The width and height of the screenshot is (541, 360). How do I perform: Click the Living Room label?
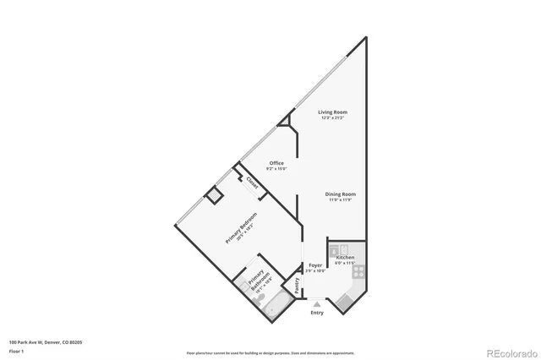[x=332, y=112]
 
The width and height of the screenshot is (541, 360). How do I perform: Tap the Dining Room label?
[x=341, y=194]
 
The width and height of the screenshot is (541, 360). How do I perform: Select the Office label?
[x=276, y=162]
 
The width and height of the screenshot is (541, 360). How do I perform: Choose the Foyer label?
[x=315, y=265]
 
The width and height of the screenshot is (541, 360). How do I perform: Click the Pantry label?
[x=298, y=286]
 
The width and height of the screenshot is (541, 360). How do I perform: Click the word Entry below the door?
[x=317, y=313]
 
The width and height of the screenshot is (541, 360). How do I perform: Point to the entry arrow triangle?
[x=316, y=303]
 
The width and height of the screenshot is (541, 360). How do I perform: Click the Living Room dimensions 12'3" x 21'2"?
[x=332, y=118]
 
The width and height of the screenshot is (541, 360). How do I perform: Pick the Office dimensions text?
[x=277, y=169]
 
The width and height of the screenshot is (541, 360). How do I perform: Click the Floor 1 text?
[x=17, y=351]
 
